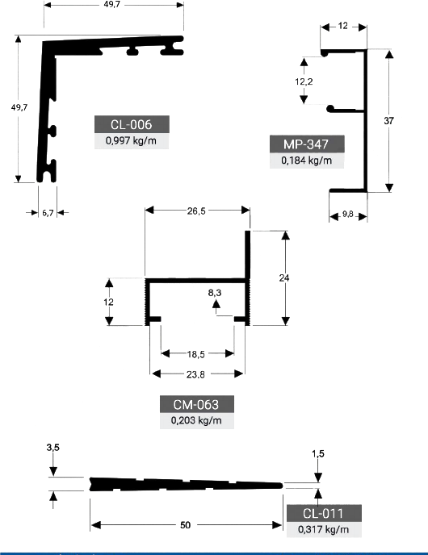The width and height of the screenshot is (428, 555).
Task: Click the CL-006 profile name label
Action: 131,124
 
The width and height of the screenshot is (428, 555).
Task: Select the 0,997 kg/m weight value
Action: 131,141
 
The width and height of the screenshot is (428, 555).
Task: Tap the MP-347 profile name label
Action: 306,144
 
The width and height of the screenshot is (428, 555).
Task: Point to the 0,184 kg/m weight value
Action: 307,161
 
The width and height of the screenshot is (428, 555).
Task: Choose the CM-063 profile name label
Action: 196,405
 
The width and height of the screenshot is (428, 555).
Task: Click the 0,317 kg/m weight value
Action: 324,529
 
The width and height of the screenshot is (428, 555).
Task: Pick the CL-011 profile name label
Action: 323,513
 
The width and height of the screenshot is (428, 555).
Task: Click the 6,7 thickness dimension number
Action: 48,213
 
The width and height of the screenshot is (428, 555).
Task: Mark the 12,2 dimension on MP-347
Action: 304,81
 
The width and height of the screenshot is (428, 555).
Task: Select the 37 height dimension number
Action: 388,121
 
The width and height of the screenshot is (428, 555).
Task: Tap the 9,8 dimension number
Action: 348,214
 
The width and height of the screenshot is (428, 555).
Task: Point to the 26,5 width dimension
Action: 196,211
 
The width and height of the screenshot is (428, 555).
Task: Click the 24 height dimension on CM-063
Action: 284,278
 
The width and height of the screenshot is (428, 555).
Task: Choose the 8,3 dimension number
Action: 215,293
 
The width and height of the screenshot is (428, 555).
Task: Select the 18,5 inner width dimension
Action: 196,354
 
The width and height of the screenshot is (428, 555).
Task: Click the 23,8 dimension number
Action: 195,374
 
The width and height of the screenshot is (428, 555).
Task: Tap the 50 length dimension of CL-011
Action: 185,525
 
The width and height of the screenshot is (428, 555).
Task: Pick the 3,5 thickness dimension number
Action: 52,448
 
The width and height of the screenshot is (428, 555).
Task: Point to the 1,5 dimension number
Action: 318,454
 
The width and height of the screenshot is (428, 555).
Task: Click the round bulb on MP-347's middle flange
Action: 330,109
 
